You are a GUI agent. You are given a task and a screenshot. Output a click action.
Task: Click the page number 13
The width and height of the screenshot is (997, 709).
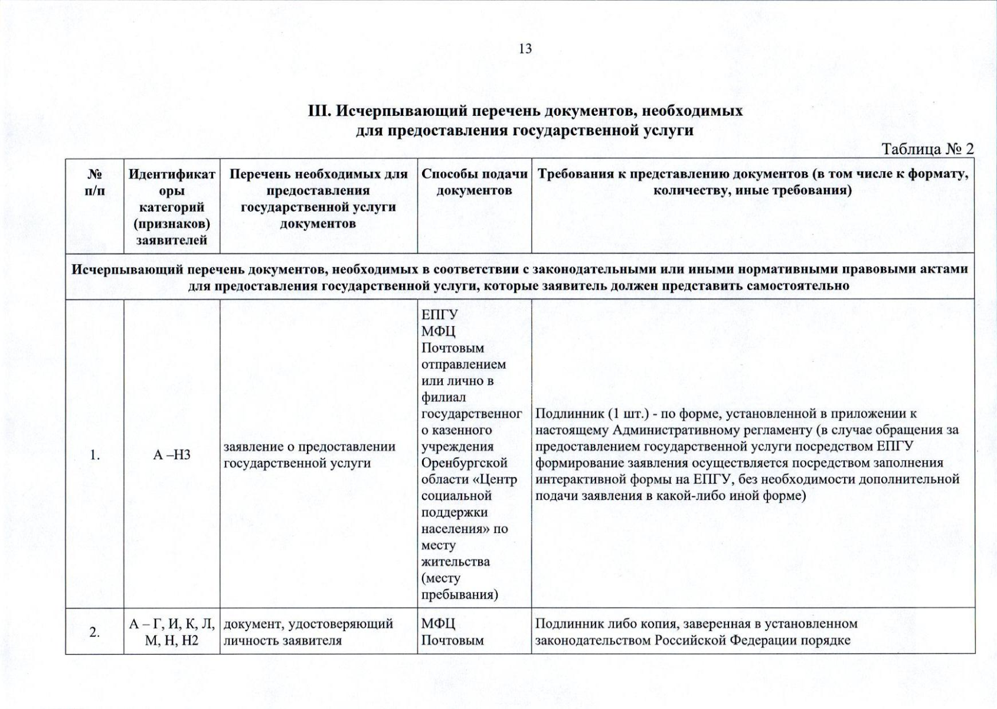525,49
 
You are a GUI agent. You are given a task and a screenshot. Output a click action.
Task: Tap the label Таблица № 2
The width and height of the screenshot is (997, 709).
927,149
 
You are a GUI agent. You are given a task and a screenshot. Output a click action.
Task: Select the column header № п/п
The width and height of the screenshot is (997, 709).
94,183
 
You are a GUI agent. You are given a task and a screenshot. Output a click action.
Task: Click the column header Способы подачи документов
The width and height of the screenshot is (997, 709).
474,182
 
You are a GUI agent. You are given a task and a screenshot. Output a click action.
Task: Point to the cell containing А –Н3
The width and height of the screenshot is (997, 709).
172,455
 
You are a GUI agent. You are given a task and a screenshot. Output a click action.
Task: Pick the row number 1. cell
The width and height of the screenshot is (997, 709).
94,455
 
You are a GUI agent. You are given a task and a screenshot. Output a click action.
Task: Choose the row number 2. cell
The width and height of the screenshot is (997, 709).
94,632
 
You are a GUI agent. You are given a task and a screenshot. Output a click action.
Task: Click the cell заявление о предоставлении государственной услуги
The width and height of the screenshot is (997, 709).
309,455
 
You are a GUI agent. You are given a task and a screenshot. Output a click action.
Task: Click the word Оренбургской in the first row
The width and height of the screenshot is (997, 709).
465,463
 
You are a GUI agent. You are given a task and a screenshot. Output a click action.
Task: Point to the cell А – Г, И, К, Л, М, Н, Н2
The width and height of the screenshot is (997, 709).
172,632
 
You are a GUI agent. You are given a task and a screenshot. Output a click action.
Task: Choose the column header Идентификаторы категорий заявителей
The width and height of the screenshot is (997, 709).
172,207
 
